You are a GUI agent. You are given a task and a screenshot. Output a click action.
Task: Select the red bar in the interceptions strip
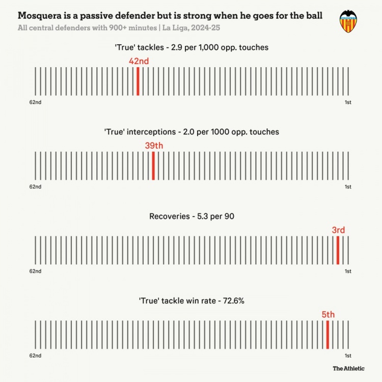pos(153,165)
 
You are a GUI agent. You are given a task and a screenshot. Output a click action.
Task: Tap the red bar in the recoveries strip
pos(338,250)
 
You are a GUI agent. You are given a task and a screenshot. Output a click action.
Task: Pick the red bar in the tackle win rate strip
pos(328,334)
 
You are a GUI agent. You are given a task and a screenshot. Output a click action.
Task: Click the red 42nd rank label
pos(139,61)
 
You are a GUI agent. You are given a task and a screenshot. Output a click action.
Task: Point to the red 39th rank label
pos(154,146)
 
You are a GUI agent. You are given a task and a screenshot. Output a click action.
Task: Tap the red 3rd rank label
pos(338,230)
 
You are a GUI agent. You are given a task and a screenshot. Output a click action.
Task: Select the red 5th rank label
pos(328,315)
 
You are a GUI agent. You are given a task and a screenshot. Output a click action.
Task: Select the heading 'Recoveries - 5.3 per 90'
pos(192,216)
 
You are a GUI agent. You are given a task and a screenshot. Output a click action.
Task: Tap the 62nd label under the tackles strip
pos(35,102)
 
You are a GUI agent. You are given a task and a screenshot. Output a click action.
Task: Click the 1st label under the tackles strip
pos(348,102)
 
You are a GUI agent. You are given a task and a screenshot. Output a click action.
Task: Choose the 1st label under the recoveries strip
pos(348,271)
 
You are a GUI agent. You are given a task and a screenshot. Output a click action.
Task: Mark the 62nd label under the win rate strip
pos(35,356)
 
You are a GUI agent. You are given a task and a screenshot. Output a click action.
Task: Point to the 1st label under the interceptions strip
pos(348,187)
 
